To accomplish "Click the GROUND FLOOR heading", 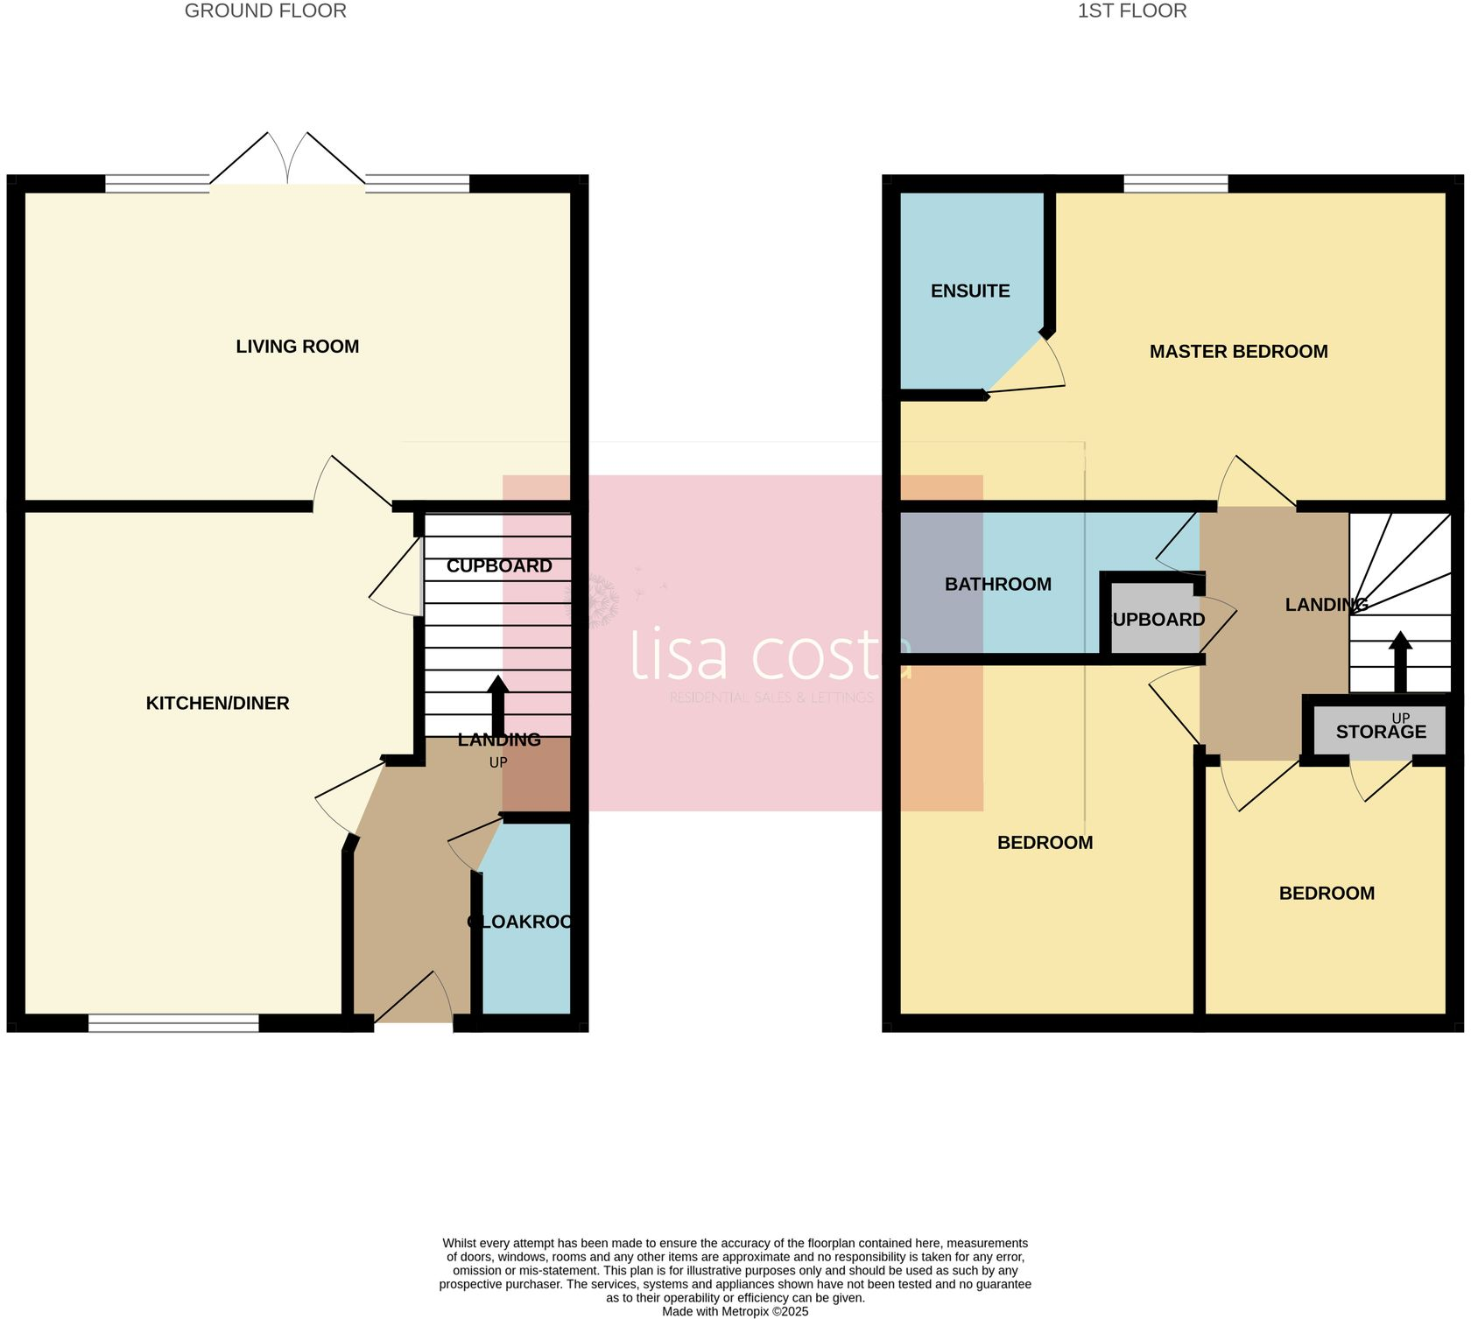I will tap(265, 11).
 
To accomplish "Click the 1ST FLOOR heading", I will tap(1131, 11).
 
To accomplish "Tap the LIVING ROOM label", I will tap(297, 347).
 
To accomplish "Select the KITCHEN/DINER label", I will tap(217, 703).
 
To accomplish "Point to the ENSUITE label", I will tap(969, 291).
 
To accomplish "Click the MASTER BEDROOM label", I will tap(1238, 352).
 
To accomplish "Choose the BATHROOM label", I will tap(997, 584).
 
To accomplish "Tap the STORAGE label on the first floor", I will tap(1381, 732).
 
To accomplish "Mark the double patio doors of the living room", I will tap(287, 162).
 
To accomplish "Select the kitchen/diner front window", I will tap(173, 1022).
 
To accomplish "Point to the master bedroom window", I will tap(1175, 183).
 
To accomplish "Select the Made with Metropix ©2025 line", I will tap(735, 1311).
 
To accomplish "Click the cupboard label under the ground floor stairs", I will tap(499, 566).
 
